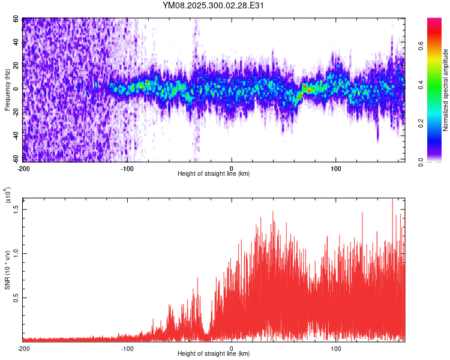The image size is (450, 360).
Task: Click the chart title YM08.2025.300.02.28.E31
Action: point(214,6)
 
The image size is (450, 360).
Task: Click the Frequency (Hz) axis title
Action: point(7,89)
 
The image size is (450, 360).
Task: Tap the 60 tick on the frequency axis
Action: point(17,20)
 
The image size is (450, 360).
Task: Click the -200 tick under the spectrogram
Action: point(24,168)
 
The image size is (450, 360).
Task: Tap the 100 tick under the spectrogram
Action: point(336,168)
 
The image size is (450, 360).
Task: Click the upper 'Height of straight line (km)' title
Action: point(214,174)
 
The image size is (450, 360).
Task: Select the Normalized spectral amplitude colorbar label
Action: point(446,90)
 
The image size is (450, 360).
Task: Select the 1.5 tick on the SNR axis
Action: point(17,208)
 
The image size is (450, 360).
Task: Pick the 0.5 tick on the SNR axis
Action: point(17,298)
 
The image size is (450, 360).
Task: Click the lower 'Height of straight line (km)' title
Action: point(214,355)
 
